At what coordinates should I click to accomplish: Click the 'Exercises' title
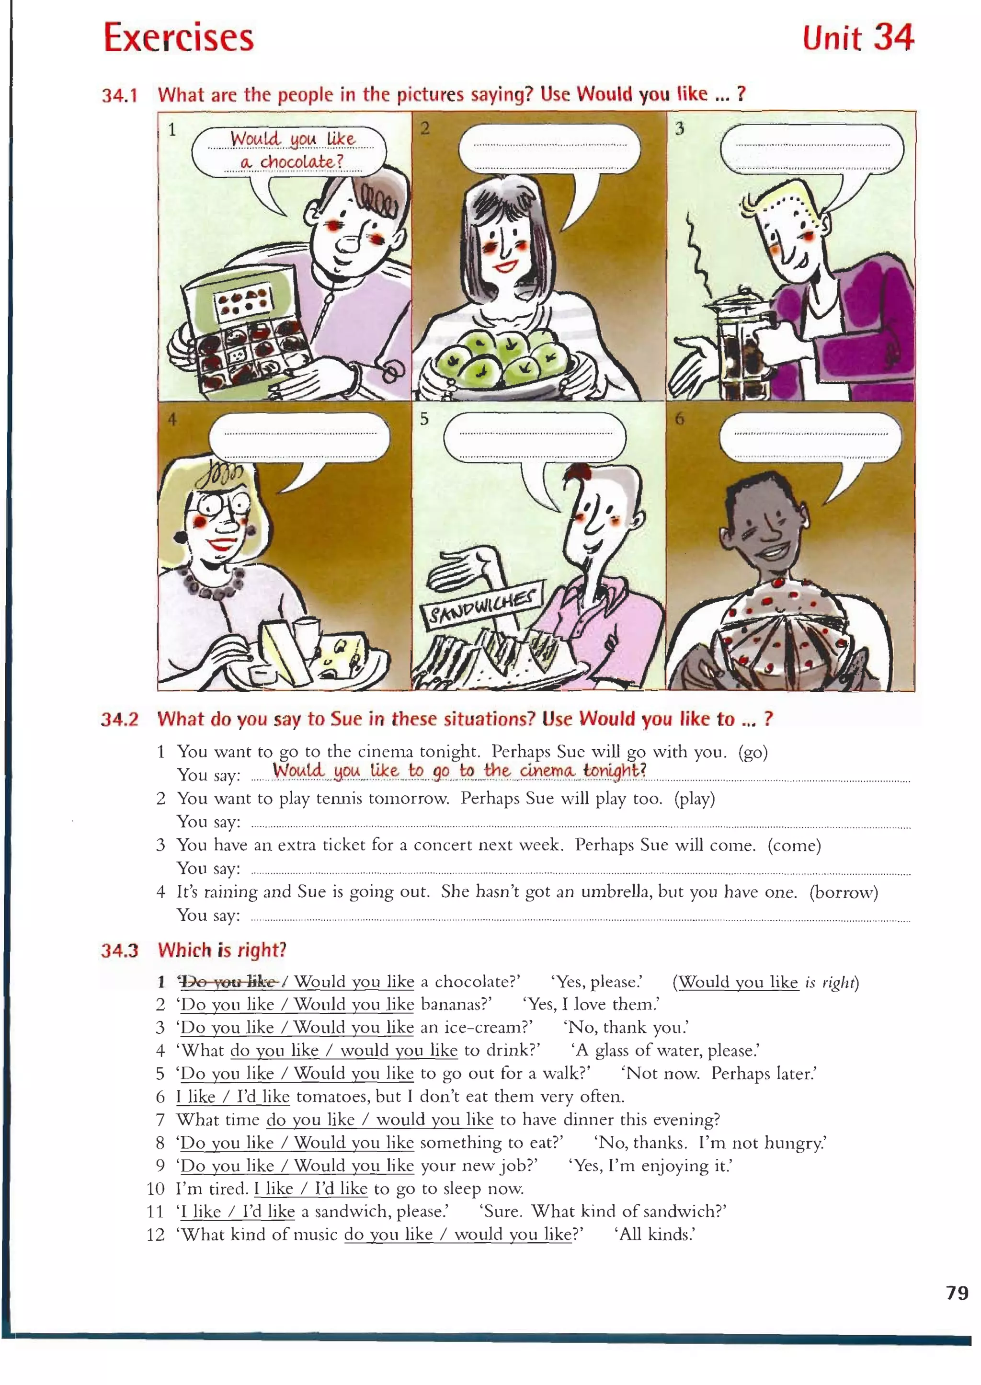[179, 38]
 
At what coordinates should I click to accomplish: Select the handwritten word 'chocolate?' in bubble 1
[301, 162]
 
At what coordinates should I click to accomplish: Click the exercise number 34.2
[120, 720]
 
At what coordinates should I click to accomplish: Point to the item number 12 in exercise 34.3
[155, 1235]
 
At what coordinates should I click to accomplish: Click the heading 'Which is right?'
[222, 950]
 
